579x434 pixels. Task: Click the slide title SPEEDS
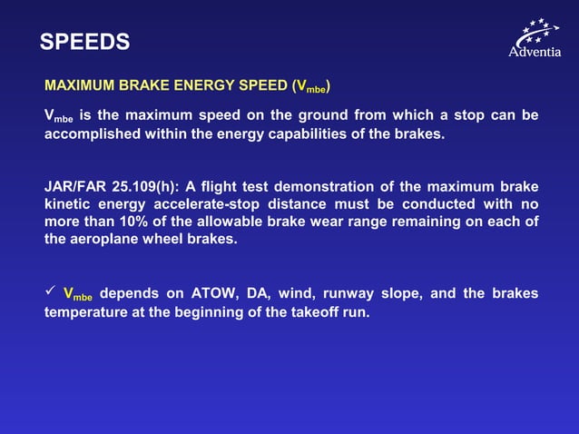coord(85,42)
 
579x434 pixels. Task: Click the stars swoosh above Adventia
coord(537,32)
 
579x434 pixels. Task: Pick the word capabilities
coord(307,134)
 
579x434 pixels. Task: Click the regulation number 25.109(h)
coord(146,185)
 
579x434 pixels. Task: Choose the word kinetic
coord(68,204)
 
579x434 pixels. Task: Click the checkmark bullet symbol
coord(50,292)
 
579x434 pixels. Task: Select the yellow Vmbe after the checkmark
coord(78,294)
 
